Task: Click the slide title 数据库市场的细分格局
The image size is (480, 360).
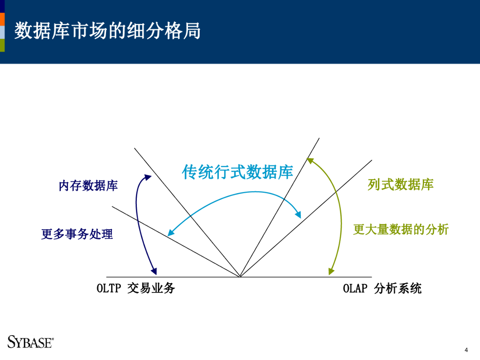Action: [x=107, y=31]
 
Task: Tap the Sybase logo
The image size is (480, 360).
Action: [x=30, y=342]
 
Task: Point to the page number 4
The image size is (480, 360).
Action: [x=466, y=350]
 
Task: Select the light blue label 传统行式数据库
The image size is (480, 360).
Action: [x=237, y=172]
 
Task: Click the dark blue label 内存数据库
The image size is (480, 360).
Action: [x=88, y=186]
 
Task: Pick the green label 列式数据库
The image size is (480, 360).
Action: [x=400, y=184]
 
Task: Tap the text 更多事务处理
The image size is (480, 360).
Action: [x=77, y=233]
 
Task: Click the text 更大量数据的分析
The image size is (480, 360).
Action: [x=401, y=229]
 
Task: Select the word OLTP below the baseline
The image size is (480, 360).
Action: [x=109, y=288]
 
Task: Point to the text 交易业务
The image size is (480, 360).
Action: [x=151, y=288]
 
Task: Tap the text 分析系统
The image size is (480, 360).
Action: [x=398, y=288]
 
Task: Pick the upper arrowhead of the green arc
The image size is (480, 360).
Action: [x=309, y=161]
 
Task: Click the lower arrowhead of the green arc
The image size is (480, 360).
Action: [x=330, y=271]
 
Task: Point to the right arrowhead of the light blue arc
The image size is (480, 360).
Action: [x=298, y=215]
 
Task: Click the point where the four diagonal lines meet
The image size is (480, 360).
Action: [x=240, y=277]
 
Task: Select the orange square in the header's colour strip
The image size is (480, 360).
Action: [x=2, y=19]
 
